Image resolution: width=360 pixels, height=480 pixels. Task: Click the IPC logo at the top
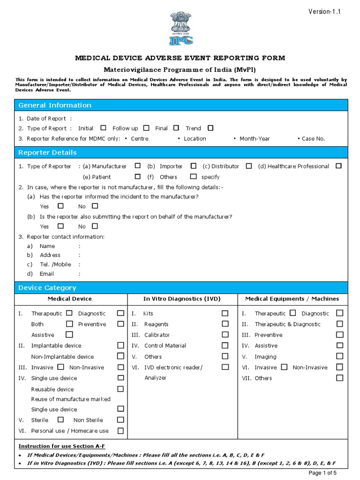click(180, 29)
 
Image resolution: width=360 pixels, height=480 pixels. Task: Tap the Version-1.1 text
click(324, 12)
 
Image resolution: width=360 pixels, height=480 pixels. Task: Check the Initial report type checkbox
click(103, 128)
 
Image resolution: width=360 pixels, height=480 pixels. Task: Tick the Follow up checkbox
click(146, 128)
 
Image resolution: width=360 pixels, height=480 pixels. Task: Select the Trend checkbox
click(210, 128)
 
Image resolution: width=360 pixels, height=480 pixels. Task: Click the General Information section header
click(55, 105)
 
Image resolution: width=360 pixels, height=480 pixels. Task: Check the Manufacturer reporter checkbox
click(137, 166)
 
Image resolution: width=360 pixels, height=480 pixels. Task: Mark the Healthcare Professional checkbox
click(338, 166)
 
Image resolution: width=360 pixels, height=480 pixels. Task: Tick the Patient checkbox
click(137, 177)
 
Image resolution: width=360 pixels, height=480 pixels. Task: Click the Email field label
click(46, 274)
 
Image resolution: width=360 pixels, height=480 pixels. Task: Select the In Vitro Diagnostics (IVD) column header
click(182, 299)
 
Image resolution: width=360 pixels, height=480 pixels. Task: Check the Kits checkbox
click(225, 313)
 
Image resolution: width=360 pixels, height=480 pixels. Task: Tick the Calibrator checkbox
click(225, 335)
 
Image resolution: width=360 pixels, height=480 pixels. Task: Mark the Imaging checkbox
click(339, 356)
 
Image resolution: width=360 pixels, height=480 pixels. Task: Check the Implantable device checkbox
click(120, 345)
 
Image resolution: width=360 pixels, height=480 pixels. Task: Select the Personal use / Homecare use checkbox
click(120, 430)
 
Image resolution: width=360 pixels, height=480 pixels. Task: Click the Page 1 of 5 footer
click(323, 473)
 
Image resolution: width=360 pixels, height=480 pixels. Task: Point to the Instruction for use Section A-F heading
click(58, 446)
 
